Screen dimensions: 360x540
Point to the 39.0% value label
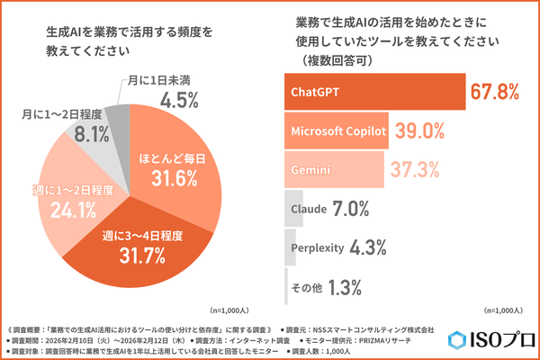click(420, 131)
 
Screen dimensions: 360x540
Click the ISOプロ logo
click(490, 341)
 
